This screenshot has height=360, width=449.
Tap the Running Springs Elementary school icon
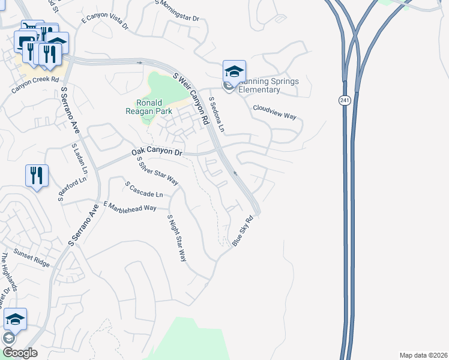point(234,73)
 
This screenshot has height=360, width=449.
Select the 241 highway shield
point(344,100)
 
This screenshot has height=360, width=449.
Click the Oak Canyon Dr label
point(157,153)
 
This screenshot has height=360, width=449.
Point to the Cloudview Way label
point(274,112)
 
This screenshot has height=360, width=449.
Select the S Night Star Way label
point(177,238)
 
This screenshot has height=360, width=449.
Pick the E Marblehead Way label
point(130,207)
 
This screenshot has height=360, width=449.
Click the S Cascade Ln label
point(144,190)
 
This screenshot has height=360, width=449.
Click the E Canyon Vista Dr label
point(105,21)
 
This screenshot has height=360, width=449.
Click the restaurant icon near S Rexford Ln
point(37,175)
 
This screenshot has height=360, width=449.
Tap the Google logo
point(19,353)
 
